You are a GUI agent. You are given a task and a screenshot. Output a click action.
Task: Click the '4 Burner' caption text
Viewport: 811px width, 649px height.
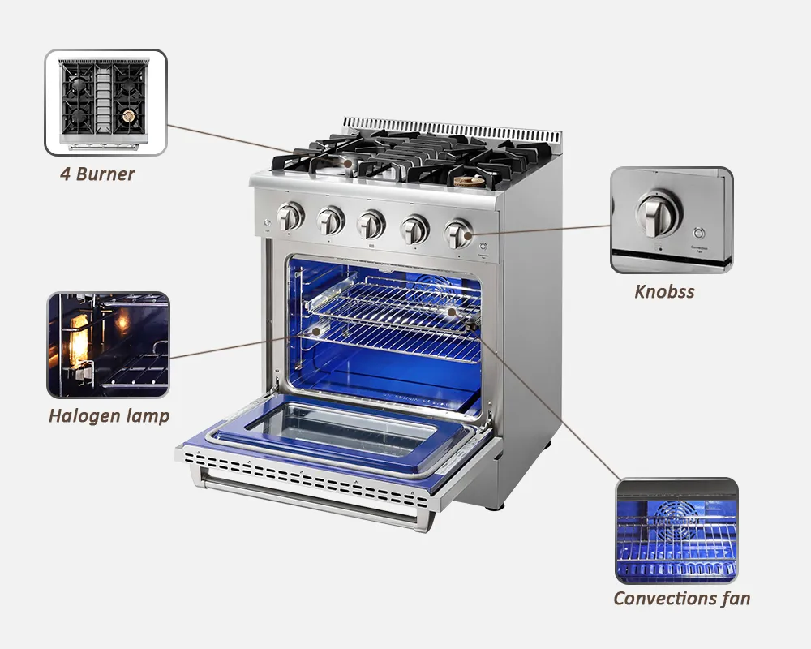click(97, 174)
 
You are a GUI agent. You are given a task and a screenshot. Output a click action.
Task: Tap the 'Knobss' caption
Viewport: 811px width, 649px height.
click(664, 292)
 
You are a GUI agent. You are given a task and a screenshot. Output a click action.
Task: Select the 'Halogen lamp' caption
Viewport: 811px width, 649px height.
click(109, 416)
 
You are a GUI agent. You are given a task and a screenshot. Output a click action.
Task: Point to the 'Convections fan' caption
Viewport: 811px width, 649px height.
click(681, 599)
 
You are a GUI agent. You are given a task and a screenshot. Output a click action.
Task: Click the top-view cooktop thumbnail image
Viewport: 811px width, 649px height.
click(105, 102)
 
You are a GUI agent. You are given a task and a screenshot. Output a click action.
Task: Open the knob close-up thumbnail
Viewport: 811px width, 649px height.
click(672, 220)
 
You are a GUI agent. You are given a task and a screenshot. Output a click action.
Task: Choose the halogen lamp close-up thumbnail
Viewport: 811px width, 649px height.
click(109, 345)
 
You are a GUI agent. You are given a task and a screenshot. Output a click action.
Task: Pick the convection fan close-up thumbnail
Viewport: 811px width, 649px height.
click(676, 531)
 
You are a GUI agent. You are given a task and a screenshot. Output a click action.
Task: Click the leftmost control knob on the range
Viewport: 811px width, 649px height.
click(290, 217)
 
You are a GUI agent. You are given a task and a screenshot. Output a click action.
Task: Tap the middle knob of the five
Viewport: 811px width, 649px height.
click(371, 225)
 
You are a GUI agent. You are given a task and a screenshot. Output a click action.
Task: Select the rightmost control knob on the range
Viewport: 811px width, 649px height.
click(458, 234)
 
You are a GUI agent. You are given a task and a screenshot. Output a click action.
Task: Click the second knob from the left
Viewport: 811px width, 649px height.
click(330, 220)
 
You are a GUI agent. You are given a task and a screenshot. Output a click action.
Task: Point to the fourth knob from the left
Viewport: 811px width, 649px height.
click(414, 230)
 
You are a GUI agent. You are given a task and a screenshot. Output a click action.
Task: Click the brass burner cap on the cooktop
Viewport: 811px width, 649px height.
click(469, 181)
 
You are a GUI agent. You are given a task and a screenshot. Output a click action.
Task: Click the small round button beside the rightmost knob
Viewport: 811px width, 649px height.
click(484, 246)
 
